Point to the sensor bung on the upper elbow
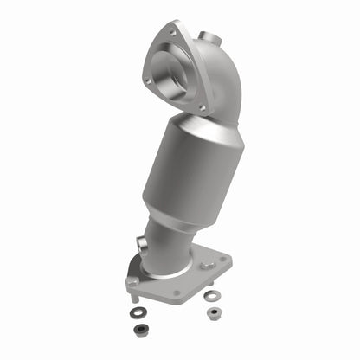pyautogui.click(x=208, y=37)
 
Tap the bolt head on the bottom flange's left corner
pyautogui.click(x=132, y=282)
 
